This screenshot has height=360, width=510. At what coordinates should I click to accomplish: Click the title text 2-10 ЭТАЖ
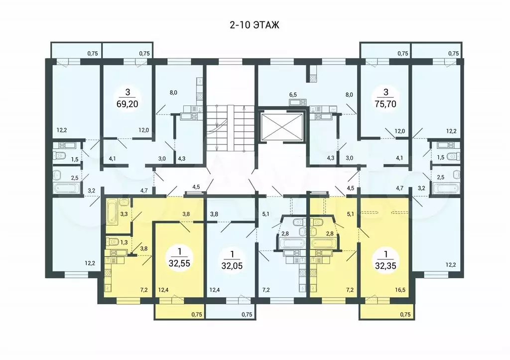tap(255, 25)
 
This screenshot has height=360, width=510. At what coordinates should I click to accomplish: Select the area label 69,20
tap(127, 104)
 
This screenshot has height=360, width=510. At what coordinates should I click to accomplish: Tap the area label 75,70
tap(385, 104)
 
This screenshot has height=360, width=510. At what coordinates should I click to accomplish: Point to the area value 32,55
tap(179, 263)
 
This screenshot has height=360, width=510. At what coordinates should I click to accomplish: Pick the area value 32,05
tap(232, 265)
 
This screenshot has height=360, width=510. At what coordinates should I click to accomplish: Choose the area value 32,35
tap(385, 265)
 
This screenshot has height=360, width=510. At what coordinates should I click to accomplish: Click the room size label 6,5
tap(293, 95)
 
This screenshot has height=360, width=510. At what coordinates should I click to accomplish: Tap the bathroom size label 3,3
tap(124, 214)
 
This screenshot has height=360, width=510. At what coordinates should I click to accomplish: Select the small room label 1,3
tap(124, 242)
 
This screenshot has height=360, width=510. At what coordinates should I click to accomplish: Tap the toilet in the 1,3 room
tap(113, 241)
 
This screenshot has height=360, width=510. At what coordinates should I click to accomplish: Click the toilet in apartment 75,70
tap(453, 156)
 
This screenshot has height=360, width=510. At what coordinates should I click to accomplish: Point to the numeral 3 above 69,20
tap(127, 92)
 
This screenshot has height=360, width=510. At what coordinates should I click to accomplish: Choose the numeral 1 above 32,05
tap(232, 253)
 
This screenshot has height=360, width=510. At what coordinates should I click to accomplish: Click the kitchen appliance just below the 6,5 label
tap(298, 103)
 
